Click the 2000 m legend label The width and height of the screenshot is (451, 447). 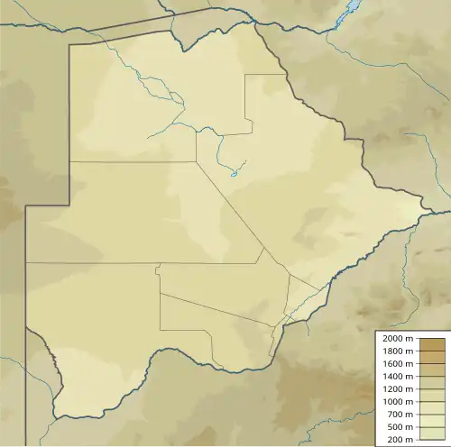point(397,338)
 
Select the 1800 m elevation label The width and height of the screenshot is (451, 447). point(397,351)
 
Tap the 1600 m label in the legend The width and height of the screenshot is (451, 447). point(397,363)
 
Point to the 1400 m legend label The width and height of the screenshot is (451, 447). point(397,376)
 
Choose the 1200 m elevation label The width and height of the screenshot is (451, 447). point(397,388)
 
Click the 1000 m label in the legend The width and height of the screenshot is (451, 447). point(397,401)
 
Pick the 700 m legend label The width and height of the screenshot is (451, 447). point(400,414)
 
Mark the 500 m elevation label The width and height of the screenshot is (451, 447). point(400,426)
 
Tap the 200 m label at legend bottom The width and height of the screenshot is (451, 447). point(400,439)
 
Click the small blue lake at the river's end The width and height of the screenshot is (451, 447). point(233,174)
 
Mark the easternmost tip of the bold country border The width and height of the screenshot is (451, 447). point(427,214)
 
